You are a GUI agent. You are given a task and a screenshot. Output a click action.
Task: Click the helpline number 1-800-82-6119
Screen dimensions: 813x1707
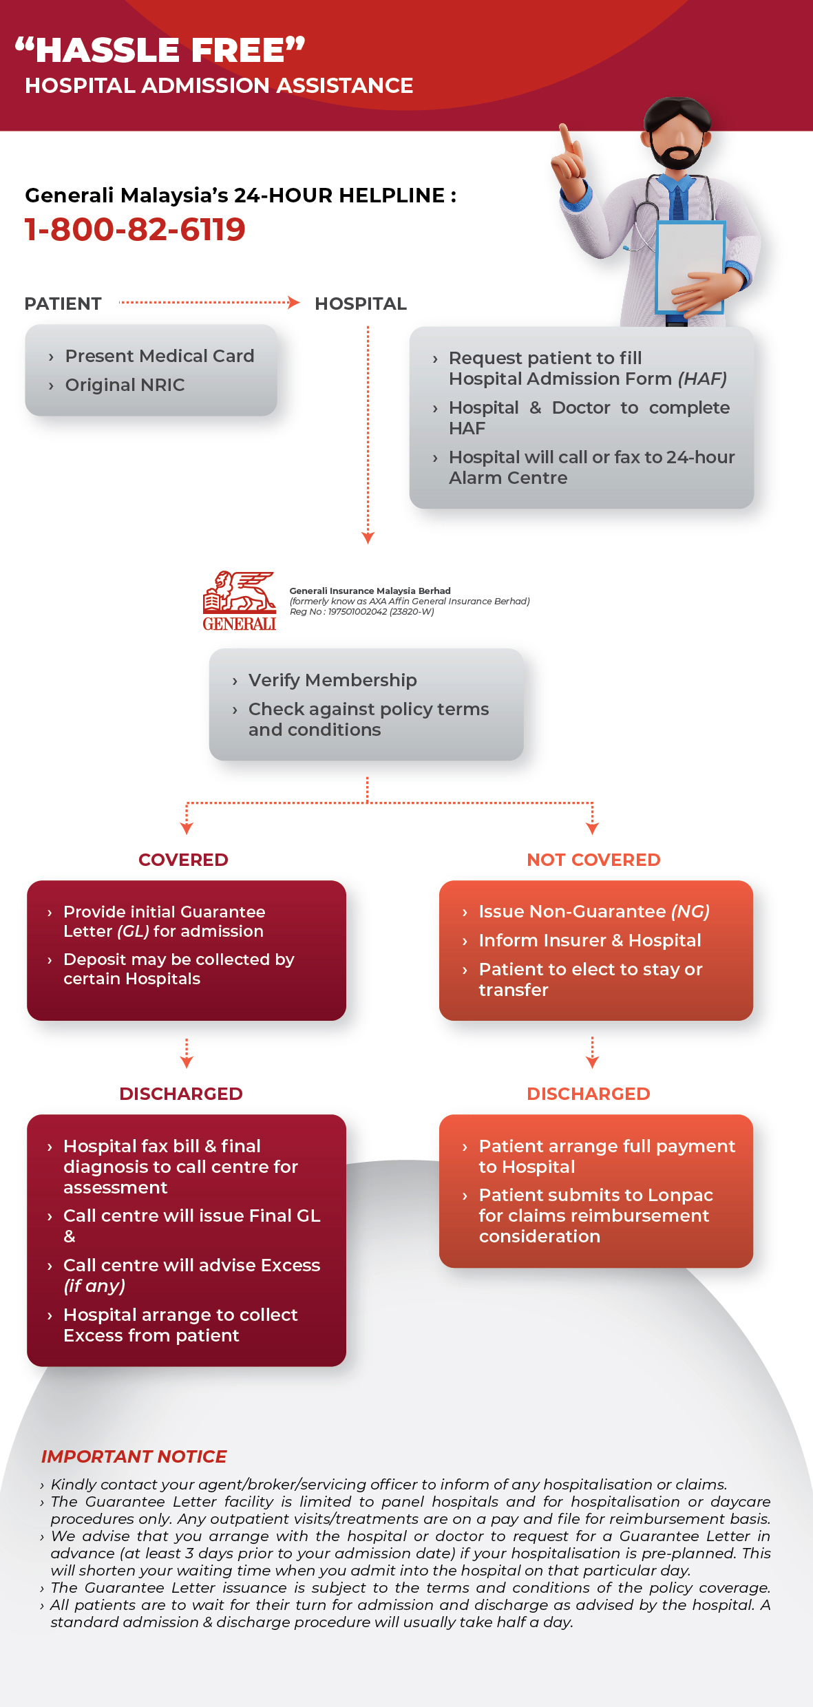coord(135,229)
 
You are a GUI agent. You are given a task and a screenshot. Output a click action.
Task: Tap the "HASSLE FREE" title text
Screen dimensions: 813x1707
coord(160,50)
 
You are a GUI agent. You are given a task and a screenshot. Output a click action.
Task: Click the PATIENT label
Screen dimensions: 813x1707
coord(63,304)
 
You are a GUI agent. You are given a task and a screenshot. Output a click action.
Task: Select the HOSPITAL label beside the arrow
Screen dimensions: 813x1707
coord(361,304)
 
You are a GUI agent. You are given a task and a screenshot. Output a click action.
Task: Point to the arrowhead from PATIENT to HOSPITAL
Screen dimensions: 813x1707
coord(294,302)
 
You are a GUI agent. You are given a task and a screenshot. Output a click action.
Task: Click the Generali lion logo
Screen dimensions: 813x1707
coord(240,601)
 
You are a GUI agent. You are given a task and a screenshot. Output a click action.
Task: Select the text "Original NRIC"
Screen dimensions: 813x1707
coord(125,385)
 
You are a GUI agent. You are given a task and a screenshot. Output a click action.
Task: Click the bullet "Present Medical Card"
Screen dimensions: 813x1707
coord(160,356)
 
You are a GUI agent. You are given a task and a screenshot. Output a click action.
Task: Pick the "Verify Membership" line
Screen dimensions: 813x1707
coord(332,680)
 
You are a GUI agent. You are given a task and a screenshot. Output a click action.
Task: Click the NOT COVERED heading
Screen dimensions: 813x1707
coord(593,860)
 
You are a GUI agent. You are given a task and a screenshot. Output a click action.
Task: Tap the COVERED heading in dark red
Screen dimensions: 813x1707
coord(183,860)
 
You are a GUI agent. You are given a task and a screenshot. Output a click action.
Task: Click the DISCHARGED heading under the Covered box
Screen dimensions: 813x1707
coord(181,1094)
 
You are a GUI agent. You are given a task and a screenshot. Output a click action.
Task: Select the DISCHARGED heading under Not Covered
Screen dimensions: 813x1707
coord(589,1094)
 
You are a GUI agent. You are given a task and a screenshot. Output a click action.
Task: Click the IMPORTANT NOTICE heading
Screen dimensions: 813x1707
coord(134,1456)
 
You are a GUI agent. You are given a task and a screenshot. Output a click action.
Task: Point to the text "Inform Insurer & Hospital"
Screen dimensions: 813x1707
coord(590,940)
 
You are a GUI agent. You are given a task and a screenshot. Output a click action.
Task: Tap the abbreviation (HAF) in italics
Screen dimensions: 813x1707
coord(702,379)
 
